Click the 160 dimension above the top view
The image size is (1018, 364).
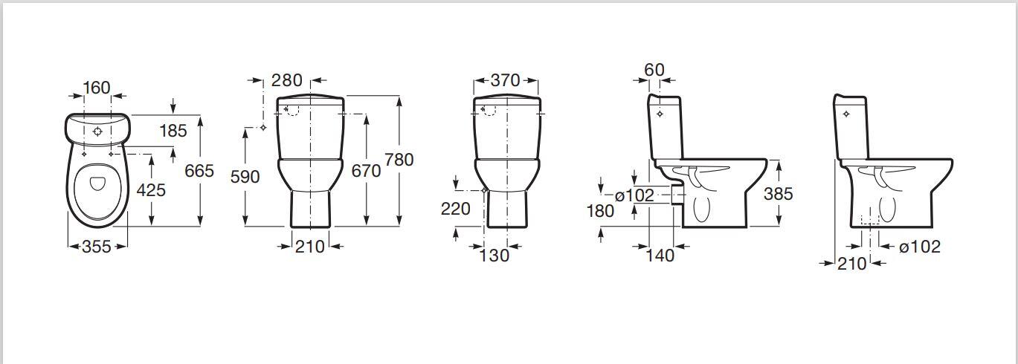(97, 88)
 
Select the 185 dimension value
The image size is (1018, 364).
(173, 131)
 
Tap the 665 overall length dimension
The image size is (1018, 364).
(199, 171)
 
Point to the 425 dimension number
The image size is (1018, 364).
(151, 189)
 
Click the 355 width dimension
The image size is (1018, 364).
(97, 247)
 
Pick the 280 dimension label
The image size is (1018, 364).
(287, 80)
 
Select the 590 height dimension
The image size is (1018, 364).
(245, 177)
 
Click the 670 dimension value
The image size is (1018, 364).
(366, 171)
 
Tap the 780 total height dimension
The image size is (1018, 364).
(399, 159)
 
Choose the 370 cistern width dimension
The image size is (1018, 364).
(505, 80)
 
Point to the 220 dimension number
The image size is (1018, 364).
(455, 209)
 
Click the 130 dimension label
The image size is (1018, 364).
(494, 256)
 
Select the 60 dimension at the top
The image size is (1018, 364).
(654, 69)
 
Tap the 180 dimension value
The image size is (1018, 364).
(600, 210)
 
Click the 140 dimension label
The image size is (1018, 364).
(660, 256)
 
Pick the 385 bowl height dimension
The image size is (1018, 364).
(778, 194)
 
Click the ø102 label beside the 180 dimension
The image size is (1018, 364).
(634, 195)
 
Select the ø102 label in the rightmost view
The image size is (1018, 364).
(920, 247)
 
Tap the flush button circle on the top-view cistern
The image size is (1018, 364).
(97, 131)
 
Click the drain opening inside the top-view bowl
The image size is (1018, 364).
(97, 183)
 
